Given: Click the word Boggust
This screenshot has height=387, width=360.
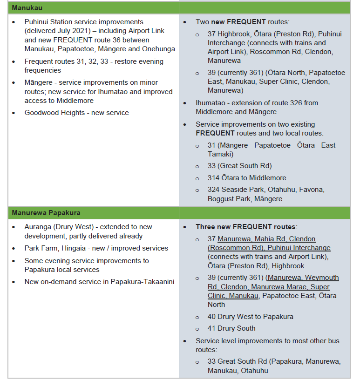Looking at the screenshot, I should pyautogui.click(x=221, y=199).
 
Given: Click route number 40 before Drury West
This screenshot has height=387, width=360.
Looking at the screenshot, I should pyautogui.click(x=212, y=317).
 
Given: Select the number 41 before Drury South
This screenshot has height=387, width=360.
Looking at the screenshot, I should pyautogui.click(x=212, y=328).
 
